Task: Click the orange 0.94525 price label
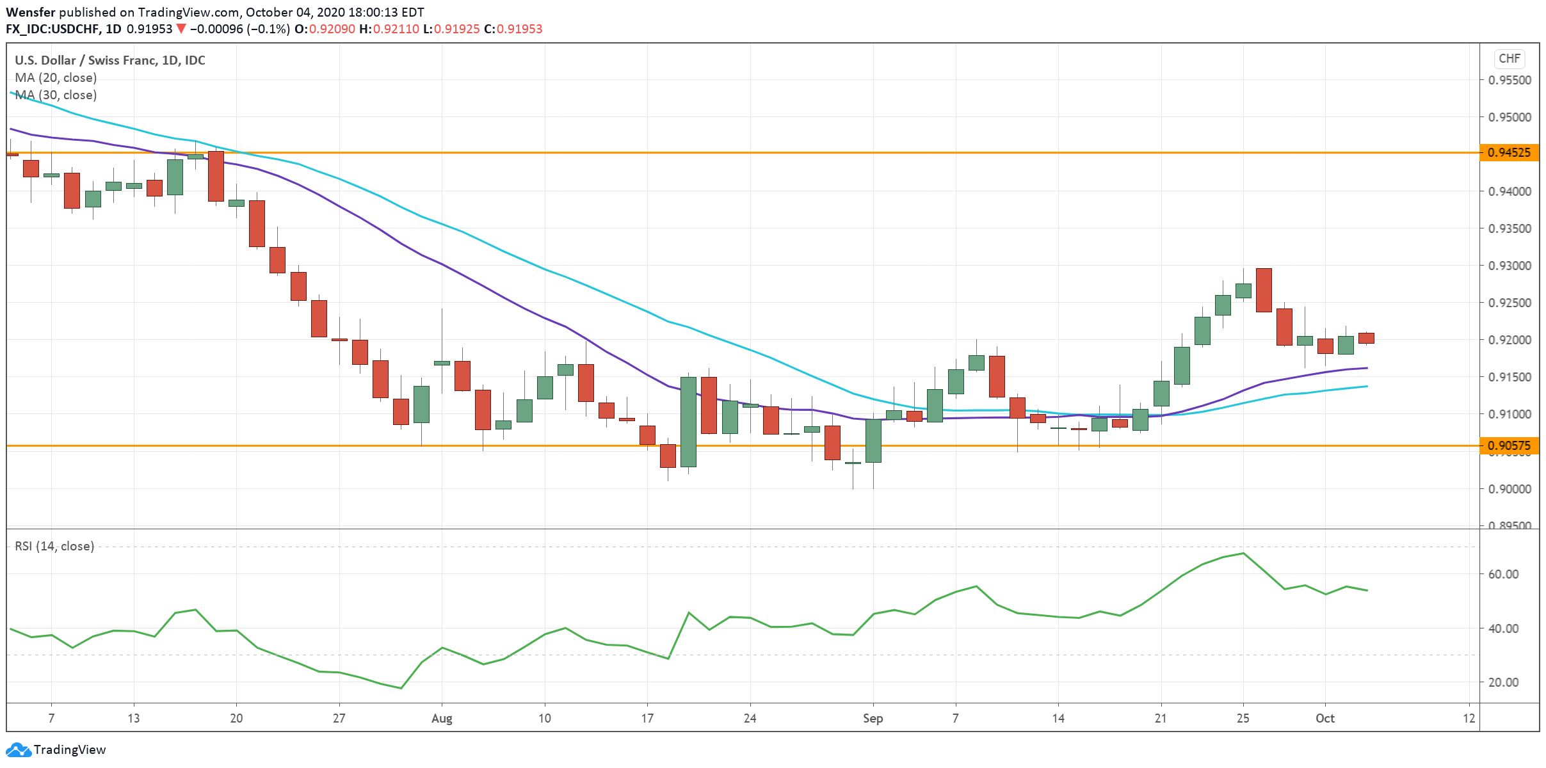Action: (x=1508, y=152)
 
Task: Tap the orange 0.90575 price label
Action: (x=1508, y=445)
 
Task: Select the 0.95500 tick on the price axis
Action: (x=1510, y=80)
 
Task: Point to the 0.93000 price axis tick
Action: (x=1510, y=266)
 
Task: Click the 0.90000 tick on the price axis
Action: (x=1510, y=489)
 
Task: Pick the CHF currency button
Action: (x=1509, y=59)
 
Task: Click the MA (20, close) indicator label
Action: (x=56, y=77)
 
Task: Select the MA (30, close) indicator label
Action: (x=56, y=95)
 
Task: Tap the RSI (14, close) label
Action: (x=54, y=546)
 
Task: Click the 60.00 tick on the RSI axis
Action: (x=1503, y=574)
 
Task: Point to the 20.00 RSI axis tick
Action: (x=1503, y=682)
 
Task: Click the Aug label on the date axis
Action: (x=442, y=718)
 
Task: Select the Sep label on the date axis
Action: (x=873, y=718)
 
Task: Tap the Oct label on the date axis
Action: (x=1325, y=718)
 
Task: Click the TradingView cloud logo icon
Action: (x=18, y=749)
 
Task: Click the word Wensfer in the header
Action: (x=31, y=12)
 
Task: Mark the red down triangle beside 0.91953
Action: (x=181, y=29)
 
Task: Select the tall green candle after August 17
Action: (x=688, y=422)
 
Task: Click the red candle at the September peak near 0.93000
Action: (x=1264, y=290)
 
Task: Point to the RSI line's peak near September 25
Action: (x=1243, y=553)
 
